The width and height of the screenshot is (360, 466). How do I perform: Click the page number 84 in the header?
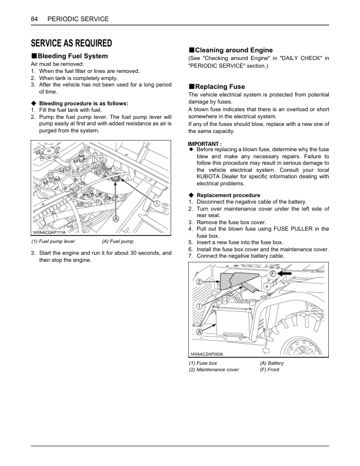(x=34, y=19)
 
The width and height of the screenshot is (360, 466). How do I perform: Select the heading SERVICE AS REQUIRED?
(x=71, y=43)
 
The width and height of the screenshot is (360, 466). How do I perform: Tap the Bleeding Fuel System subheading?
(x=72, y=56)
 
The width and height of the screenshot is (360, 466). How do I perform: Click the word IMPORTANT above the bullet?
(x=204, y=144)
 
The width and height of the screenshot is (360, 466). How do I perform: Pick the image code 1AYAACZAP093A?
(x=207, y=354)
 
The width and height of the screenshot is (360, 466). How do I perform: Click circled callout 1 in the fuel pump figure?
(x=157, y=203)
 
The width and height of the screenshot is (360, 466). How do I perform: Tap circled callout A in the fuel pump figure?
(x=116, y=218)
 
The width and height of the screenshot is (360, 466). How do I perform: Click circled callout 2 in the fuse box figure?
(x=199, y=282)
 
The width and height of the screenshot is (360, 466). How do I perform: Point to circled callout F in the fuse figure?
(x=274, y=274)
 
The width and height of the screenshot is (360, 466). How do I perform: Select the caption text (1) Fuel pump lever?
(x=53, y=241)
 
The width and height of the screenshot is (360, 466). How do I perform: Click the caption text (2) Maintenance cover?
(x=214, y=370)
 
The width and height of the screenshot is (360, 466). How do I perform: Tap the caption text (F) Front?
(x=269, y=370)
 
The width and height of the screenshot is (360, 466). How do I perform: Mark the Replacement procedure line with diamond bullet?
(x=228, y=195)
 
